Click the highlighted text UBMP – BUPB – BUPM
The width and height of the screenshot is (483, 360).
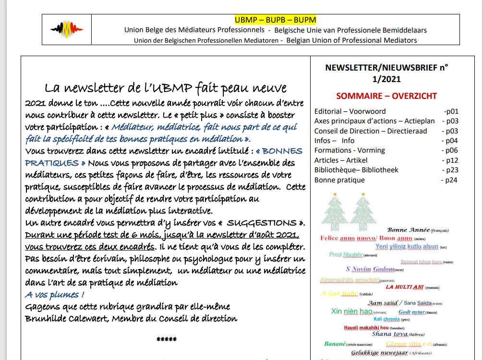tap(275, 20)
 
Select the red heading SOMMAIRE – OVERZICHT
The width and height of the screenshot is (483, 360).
tap(386, 96)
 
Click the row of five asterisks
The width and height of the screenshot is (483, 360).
tap(167, 340)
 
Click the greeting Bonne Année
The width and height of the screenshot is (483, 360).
tap(408, 230)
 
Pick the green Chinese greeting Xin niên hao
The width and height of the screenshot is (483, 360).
tap(352, 312)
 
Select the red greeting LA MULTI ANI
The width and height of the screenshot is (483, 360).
tap(405, 287)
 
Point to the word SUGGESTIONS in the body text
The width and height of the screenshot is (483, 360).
tap(262, 223)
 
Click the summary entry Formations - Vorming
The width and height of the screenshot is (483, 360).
tap(350, 150)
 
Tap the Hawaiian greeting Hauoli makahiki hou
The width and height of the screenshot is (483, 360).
tap(366, 328)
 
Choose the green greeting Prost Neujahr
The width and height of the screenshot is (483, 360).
tap(346, 254)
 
